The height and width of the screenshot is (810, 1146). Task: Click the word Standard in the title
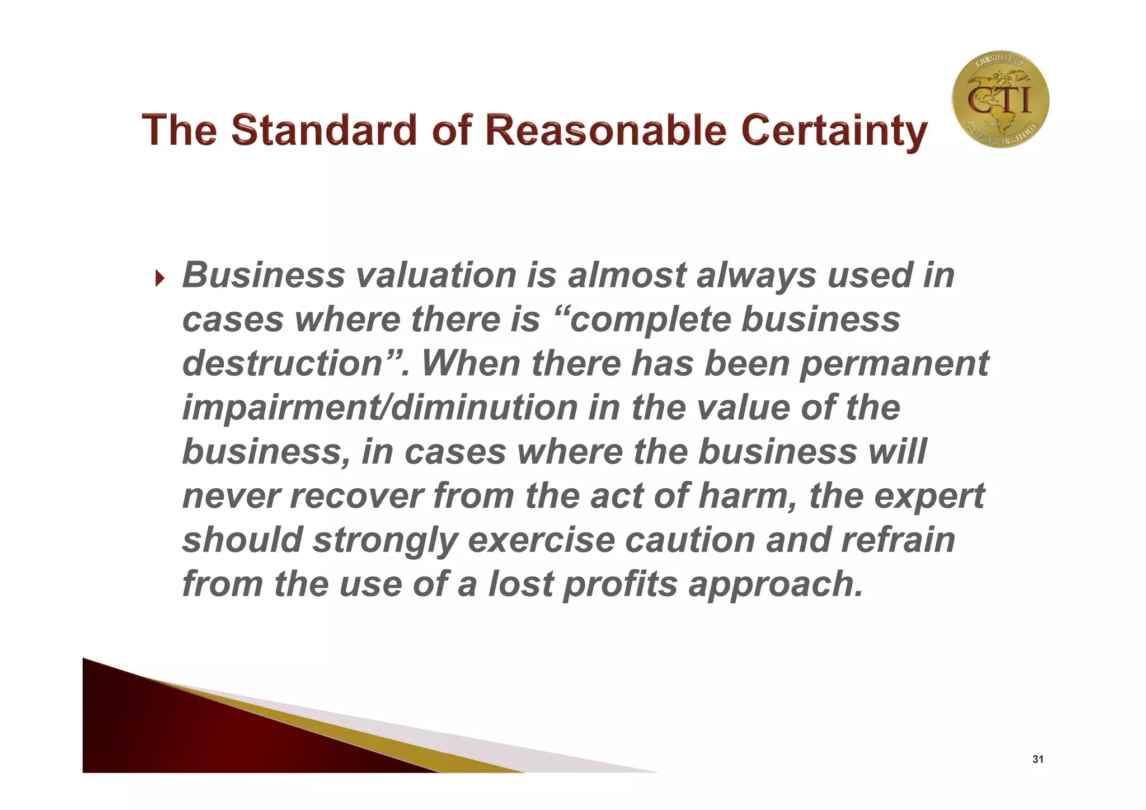[x=324, y=130]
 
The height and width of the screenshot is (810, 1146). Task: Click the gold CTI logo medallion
[x=1000, y=100]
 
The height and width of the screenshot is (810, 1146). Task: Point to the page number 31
[x=1037, y=760]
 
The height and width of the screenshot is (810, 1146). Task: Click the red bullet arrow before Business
[x=160, y=278]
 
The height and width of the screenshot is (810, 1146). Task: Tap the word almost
[x=627, y=275]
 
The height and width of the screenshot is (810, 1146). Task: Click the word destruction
[x=283, y=363]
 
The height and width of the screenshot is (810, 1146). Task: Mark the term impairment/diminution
[x=380, y=408]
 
